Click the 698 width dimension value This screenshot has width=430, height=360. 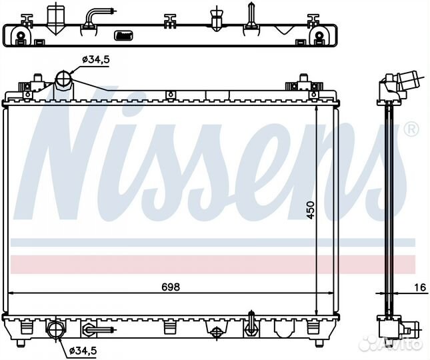[x=171, y=287]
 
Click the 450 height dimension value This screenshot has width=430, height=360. [x=311, y=210]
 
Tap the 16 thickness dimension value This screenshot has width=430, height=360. [x=420, y=287]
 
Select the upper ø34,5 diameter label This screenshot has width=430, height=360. [x=96, y=59]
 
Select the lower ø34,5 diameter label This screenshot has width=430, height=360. [x=83, y=350]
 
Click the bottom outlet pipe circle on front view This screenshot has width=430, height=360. [x=56, y=329]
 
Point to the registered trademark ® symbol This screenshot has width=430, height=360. [x=411, y=129]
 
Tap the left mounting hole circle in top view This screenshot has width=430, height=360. [x=21, y=35]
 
